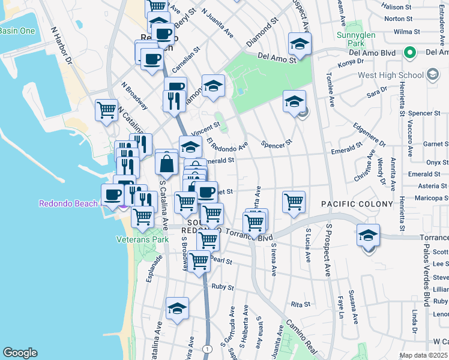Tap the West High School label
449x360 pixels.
pyautogui.click(x=390, y=75)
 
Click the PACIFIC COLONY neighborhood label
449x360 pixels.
pyautogui.click(x=351, y=204)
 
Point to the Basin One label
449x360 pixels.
pyautogui.click(x=17, y=31)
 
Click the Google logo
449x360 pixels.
pyautogui.click(x=20, y=352)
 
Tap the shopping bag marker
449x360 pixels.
pyautogui.click(x=166, y=163)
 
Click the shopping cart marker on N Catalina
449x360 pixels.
pyautogui.click(x=106, y=110)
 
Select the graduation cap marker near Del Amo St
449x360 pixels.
pyautogui.click(x=299, y=44)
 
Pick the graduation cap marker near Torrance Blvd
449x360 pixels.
pyautogui.click(x=368, y=235)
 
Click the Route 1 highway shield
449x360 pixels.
pyautogui.click(x=207, y=349)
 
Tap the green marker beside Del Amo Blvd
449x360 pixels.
pyautogui.click(x=410, y=52)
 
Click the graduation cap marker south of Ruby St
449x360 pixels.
pyautogui.click(x=177, y=308)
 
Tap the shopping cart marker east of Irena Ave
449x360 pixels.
pyautogui.click(x=294, y=202)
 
